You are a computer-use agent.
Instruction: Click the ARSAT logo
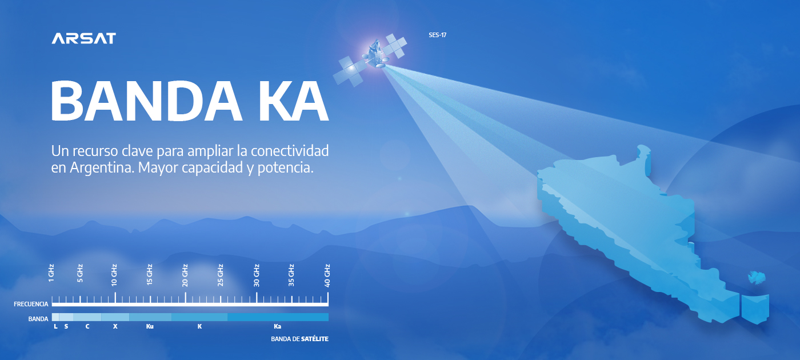83,38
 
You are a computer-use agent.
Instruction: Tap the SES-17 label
438,35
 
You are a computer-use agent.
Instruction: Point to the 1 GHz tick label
51,273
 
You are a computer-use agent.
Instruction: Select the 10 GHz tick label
114,275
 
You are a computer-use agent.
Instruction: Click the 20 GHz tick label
185,275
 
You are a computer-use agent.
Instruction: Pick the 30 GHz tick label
257,275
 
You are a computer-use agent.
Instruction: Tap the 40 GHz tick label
327,275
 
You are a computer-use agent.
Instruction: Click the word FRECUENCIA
31,304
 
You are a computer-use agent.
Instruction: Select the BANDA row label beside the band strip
38,319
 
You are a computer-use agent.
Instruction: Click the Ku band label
150,326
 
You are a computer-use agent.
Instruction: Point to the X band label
115,326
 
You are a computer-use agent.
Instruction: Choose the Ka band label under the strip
278,326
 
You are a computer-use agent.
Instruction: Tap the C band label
87,326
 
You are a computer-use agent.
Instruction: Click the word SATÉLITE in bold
315,339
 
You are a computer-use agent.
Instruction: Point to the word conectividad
290,151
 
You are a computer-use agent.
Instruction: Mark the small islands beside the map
757,278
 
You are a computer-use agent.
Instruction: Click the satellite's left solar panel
348,71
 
